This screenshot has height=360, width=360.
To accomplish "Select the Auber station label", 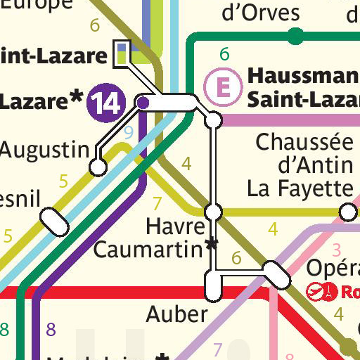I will point(176,314).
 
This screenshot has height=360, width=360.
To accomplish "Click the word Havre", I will point(175,226).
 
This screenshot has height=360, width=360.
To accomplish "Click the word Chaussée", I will point(304,143).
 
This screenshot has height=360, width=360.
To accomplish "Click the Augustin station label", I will point(45,149).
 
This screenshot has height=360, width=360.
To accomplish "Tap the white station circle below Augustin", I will point(98,167).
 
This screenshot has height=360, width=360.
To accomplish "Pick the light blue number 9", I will point(128,131).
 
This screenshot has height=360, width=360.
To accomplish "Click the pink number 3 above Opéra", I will point(336,249).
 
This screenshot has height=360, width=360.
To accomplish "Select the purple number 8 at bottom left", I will point(50,328).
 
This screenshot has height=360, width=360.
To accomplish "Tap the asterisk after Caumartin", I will point(210,245).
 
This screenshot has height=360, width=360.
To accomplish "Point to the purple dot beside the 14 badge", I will point(143,103).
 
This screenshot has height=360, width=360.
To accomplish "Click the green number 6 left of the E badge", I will point(224,54).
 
